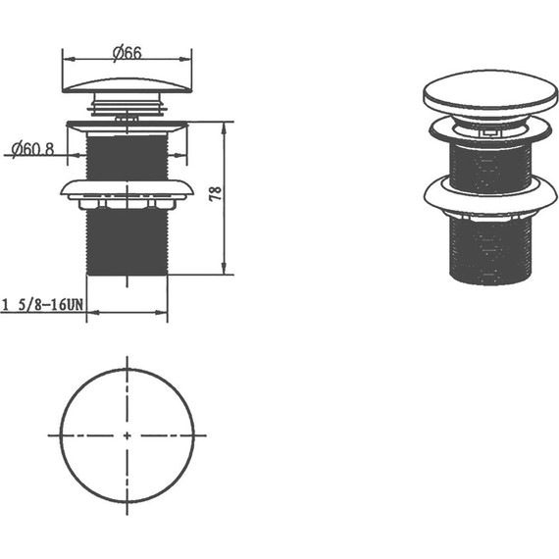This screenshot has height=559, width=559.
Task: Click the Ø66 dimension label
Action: click(127, 54)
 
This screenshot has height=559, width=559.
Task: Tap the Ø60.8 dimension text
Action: click(32, 149)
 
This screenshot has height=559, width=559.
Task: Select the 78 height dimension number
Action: click(216, 193)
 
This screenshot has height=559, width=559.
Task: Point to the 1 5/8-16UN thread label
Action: click(43, 305)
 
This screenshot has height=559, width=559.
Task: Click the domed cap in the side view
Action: click(127, 85)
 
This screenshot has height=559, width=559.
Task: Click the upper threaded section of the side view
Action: click(127, 158)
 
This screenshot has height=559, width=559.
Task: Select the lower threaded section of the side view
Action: click(127, 242)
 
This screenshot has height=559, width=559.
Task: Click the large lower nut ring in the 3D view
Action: click(490, 195)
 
